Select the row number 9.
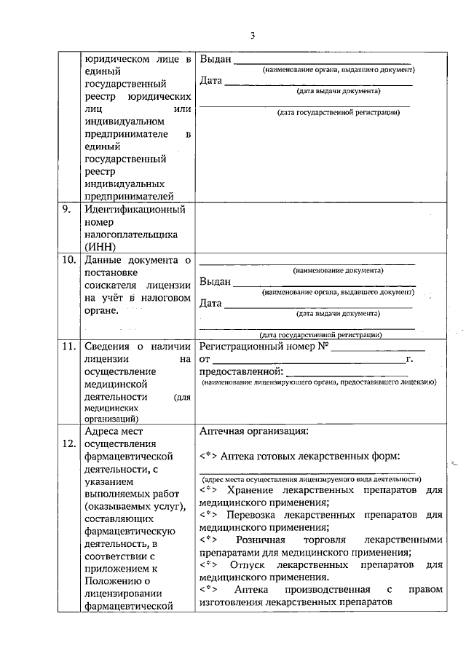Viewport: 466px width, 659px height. click(x=66, y=210)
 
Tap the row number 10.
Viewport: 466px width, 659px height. click(x=68, y=261)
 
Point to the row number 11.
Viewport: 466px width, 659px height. click(x=68, y=347)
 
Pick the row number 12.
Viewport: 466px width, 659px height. click(x=68, y=446)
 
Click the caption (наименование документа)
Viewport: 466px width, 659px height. click(x=307, y=271)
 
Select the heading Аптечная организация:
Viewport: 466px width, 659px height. click(x=253, y=430)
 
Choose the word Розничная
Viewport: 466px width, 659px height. click(x=261, y=540)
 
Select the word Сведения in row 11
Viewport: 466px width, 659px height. click(x=108, y=347)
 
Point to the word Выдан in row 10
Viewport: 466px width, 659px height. click(x=215, y=281)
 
